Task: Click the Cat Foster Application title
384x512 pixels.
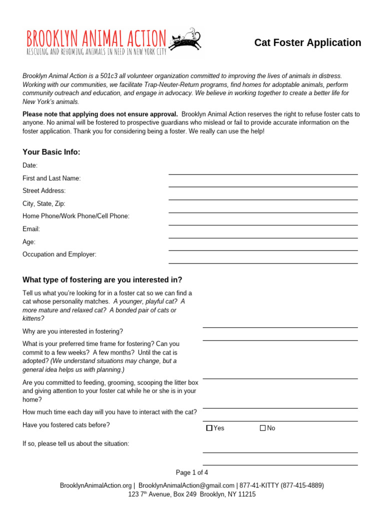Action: pyautogui.click(x=307, y=42)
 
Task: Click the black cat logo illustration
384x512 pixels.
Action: pyautogui.click(x=185, y=39)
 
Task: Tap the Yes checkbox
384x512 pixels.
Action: pyautogui.click(x=209, y=428)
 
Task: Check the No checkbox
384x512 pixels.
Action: pyautogui.click(x=262, y=428)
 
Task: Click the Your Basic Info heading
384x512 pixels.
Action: pyautogui.click(x=51, y=152)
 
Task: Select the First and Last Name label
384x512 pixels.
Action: pyautogui.click(x=51, y=178)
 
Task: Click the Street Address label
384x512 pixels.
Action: pyautogui.click(x=44, y=191)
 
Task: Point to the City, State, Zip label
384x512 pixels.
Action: pyautogui.click(x=43, y=203)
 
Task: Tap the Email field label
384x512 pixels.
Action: pyautogui.click(x=31, y=229)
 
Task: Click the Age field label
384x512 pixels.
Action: pyautogui.click(x=29, y=242)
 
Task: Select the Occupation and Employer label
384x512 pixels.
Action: pyautogui.click(x=59, y=254)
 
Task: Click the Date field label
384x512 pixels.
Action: pyautogui.click(x=30, y=165)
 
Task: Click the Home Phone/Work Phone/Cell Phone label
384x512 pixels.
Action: pyautogui.click(x=76, y=216)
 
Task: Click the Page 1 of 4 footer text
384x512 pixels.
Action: pyautogui.click(x=192, y=472)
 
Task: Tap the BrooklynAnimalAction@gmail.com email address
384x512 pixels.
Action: pyautogui.click(x=186, y=485)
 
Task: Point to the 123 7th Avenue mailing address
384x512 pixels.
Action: pyautogui.click(x=192, y=494)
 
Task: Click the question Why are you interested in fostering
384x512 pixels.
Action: pyautogui.click(x=72, y=331)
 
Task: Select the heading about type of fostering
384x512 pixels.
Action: pyautogui.click(x=102, y=279)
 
